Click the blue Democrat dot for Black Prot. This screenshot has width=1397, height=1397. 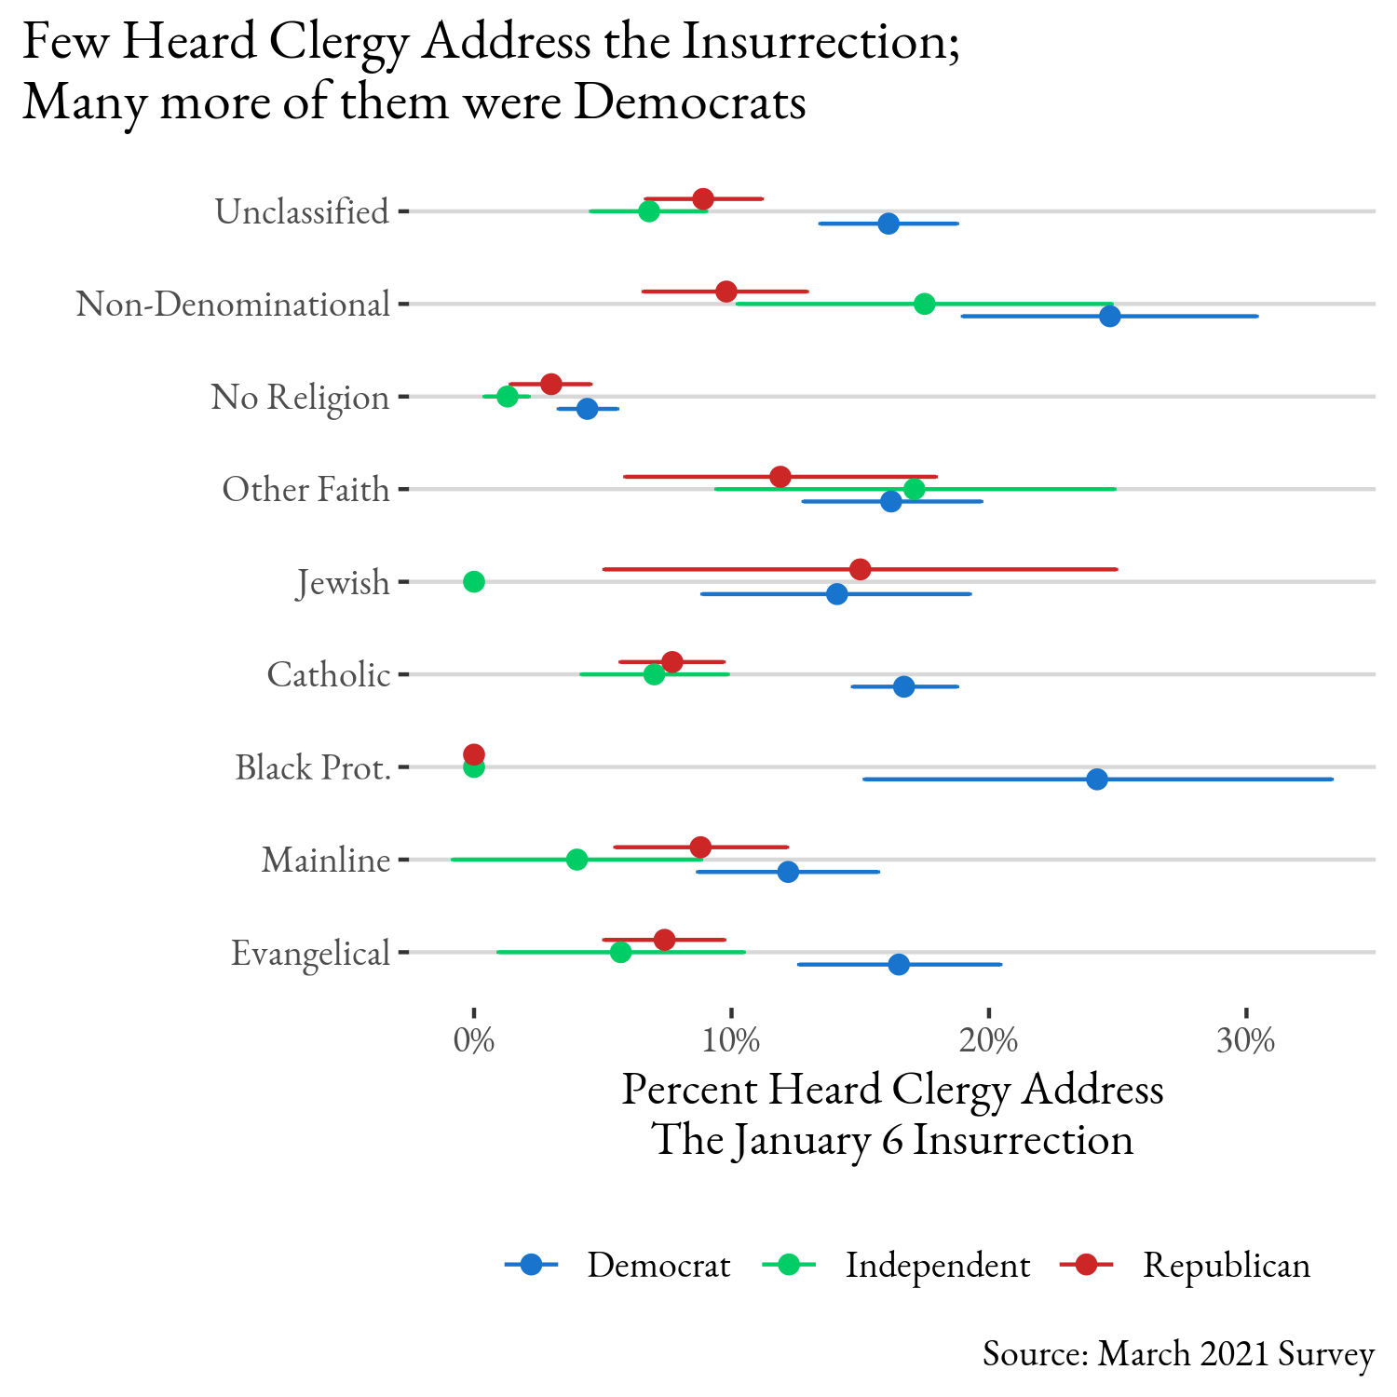[1097, 780]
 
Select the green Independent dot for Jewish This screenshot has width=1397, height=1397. [474, 582]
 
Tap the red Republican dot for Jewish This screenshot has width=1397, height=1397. [861, 569]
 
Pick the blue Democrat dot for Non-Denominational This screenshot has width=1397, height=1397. [1109, 317]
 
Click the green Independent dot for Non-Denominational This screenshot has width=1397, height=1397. [925, 304]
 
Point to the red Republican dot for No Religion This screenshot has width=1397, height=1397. [551, 384]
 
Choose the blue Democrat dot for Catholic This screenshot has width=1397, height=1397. [903, 687]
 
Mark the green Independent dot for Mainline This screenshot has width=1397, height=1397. [577, 860]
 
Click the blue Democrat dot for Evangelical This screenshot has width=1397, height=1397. [899, 965]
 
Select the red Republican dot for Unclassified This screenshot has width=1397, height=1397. [703, 199]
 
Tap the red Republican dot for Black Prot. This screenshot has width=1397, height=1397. [474, 753]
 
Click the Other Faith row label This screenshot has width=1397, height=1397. [305, 490]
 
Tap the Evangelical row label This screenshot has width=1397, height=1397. [310, 954]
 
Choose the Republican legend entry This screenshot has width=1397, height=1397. [1226, 1265]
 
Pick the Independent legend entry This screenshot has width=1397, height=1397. [937, 1265]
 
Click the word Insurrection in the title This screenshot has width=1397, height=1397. [821, 44]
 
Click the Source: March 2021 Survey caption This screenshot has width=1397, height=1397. [1178, 1353]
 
